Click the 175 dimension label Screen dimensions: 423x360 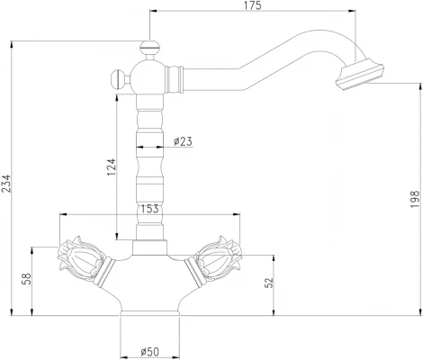(252, 5)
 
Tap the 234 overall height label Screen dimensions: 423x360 (6, 184)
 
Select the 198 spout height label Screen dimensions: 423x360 (415, 198)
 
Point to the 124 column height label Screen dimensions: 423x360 (112, 167)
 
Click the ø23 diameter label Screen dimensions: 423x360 (183, 141)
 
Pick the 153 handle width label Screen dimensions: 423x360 (149, 209)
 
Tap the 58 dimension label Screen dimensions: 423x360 (27, 279)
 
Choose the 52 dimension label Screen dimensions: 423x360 (269, 282)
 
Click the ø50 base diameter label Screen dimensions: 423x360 (149, 352)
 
